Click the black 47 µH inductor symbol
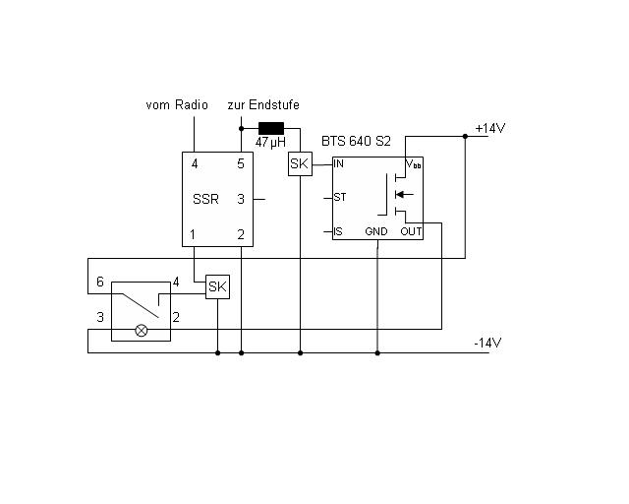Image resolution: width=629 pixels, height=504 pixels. [x=271, y=128]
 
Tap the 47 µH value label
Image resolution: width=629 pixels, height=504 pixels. [x=270, y=142]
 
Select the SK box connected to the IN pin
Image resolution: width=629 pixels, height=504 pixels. [x=300, y=164]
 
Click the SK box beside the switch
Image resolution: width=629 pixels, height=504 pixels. [x=218, y=286]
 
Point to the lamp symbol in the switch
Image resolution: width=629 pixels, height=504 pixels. [x=142, y=331]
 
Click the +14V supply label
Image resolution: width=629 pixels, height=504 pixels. [x=489, y=129]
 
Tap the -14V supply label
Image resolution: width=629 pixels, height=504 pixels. [x=487, y=343]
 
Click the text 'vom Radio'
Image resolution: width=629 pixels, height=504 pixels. [x=177, y=105]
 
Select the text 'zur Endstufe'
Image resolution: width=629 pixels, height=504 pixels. [x=263, y=105]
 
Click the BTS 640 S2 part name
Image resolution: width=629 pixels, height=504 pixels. [x=356, y=141]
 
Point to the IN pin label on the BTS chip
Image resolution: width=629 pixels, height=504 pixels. [x=338, y=163]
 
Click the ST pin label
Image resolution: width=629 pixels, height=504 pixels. [x=340, y=197]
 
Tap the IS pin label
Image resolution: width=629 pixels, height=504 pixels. [x=338, y=231]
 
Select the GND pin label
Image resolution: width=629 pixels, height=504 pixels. [x=376, y=231]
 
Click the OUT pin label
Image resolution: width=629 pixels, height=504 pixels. [x=411, y=231]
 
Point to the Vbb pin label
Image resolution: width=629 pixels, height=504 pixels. [x=414, y=164]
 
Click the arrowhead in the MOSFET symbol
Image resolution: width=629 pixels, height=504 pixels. [x=399, y=195]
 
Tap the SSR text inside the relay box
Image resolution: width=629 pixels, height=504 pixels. [x=205, y=199]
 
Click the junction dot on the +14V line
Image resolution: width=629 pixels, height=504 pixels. [x=465, y=136]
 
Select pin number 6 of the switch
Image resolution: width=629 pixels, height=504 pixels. [x=100, y=282]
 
